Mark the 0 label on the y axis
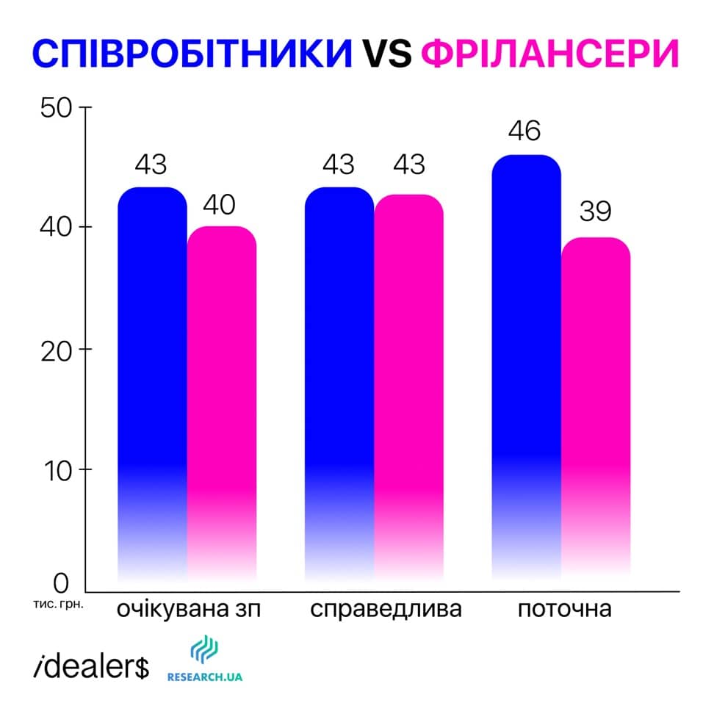[61, 584]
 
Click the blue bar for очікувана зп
[152, 367]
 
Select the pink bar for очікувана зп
[222, 389]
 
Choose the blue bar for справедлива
[339, 367]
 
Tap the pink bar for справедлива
[409, 375]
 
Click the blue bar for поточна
[526, 353]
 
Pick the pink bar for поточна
[596, 397]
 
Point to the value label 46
[525, 131]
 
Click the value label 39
[595, 212]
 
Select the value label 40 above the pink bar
[220, 203]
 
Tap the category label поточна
[564, 610]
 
